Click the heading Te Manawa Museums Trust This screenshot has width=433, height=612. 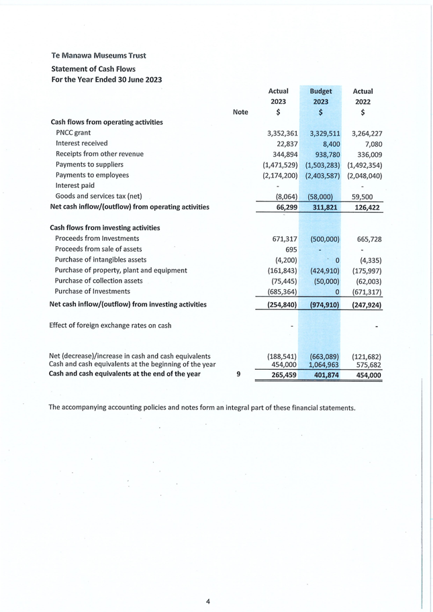point(98,55)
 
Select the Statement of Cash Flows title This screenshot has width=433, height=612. point(93,68)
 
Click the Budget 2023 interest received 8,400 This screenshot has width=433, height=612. point(327,144)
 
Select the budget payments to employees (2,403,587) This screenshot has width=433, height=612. point(322,175)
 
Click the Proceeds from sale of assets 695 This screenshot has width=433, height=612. point(291,250)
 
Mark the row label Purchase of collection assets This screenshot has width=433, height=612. point(99,280)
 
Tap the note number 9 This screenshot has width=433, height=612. point(239,374)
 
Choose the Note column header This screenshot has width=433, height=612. point(240,112)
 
